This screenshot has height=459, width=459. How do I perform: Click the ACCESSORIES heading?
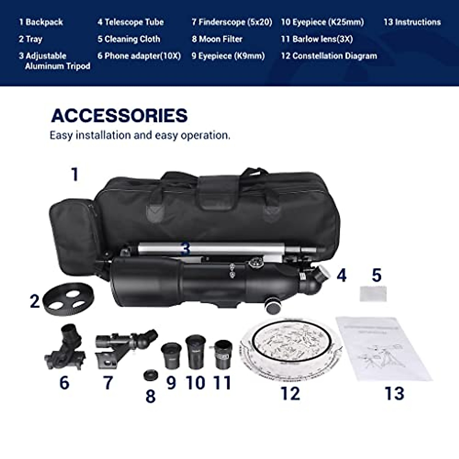click(119, 116)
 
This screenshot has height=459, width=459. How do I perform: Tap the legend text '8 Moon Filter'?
click(217, 39)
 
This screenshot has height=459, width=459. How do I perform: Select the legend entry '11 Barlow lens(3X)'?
click(317, 39)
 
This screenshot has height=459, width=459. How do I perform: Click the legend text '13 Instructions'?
click(412, 22)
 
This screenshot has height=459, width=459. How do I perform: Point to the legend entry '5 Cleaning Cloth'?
click(129, 39)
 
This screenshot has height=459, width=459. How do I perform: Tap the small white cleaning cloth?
click(373, 294)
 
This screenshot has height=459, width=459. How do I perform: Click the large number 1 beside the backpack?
click(75, 175)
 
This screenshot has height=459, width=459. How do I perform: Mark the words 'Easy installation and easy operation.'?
click(140, 135)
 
